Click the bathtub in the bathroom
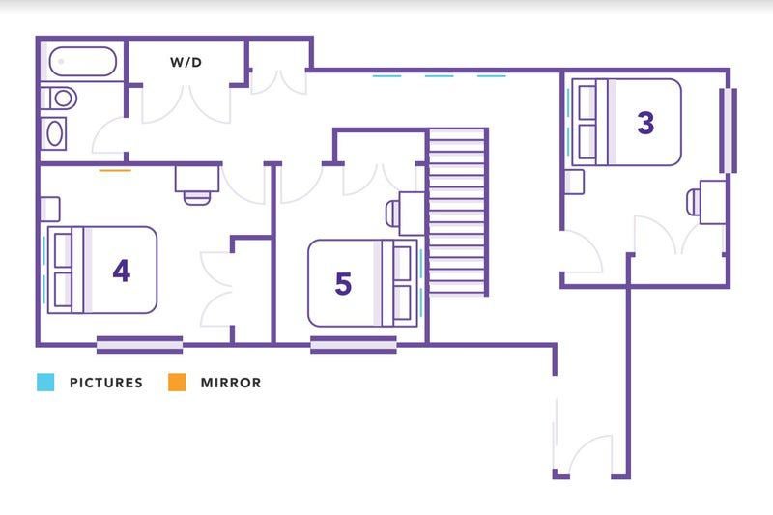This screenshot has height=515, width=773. click(x=83, y=62)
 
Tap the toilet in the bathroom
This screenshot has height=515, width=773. click(x=59, y=98)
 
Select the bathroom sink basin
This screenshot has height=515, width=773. click(x=54, y=133)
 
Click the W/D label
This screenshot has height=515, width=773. click(x=186, y=62)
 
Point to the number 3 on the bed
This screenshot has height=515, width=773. click(x=645, y=123)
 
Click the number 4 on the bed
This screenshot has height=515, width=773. click(x=122, y=271)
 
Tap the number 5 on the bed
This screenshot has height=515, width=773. click(x=343, y=283)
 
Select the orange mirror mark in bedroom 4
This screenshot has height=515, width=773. click(x=115, y=170)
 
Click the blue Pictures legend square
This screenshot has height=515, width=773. click(x=45, y=382)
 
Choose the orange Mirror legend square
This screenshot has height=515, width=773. click(x=177, y=382)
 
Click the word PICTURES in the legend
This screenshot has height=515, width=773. click(x=106, y=383)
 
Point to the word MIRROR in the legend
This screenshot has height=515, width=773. click(x=231, y=383)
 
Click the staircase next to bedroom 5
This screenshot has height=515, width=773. click(x=457, y=212)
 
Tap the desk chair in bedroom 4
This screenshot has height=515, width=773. click(x=197, y=198)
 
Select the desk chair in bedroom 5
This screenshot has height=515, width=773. click(x=392, y=214)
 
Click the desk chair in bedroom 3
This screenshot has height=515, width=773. click(x=693, y=203)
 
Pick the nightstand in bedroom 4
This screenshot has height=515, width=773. click(x=50, y=210)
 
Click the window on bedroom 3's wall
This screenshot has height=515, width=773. click(x=729, y=130)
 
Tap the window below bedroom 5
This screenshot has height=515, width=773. click(x=354, y=345)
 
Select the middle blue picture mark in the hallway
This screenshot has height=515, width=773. click(x=440, y=76)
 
